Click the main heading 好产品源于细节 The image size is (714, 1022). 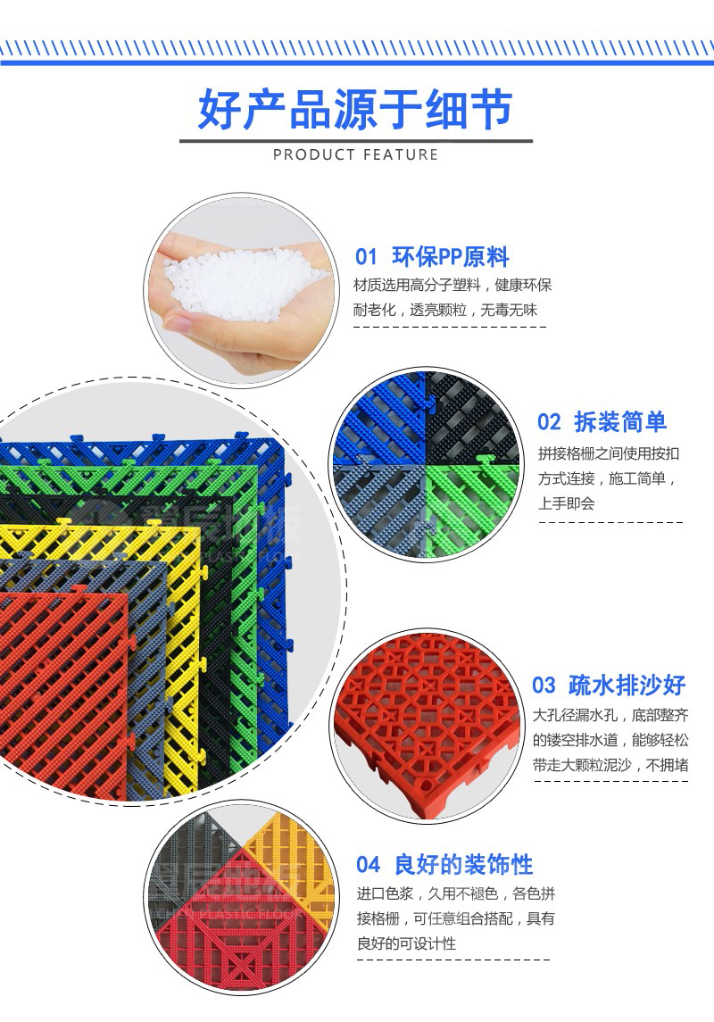pos(355,109)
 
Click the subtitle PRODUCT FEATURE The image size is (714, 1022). pos(355,155)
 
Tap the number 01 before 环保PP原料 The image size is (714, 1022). pos(367,258)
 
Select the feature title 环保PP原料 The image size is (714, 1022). pos(451,258)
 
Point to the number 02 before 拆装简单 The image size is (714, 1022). pos(549,422)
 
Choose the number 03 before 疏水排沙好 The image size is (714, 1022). pos(544,685)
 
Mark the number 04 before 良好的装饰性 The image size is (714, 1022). pos(368,865)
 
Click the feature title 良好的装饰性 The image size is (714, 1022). pos(463,865)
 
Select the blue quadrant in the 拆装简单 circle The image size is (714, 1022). pos(375,420)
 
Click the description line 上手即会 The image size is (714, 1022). pos(566,503)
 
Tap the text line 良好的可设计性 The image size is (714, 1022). pos(406,943)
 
